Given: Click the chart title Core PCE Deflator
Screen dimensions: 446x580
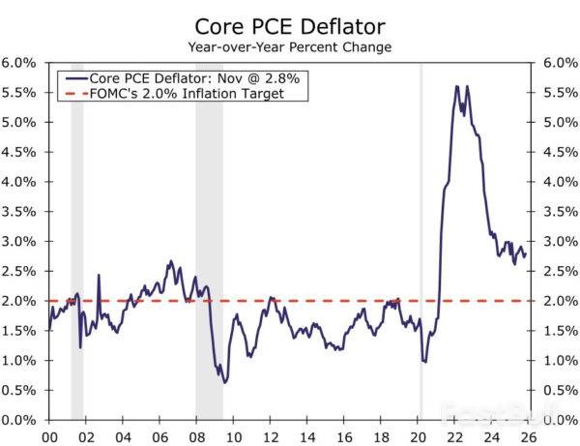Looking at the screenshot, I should click(x=289, y=25).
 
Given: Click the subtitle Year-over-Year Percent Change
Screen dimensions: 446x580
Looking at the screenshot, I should click(x=289, y=45).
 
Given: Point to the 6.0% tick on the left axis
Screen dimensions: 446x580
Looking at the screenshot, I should click(x=18, y=63).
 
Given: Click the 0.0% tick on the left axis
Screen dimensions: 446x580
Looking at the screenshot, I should click(x=18, y=420).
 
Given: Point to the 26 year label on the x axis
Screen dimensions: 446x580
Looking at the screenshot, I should click(x=527, y=436).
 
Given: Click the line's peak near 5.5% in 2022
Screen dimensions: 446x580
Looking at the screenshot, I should click(x=455, y=87).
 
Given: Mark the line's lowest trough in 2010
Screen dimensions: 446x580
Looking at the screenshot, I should click(x=224, y=382).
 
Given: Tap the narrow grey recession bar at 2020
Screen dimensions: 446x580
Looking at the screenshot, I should click(x=420, y=242).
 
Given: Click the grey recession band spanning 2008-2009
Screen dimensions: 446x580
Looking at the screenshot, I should click(x=209, y=242).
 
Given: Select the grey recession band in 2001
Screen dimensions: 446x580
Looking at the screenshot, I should click(x=77, y=242).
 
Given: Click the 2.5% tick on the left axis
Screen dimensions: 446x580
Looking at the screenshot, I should click(x=18, y=271).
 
